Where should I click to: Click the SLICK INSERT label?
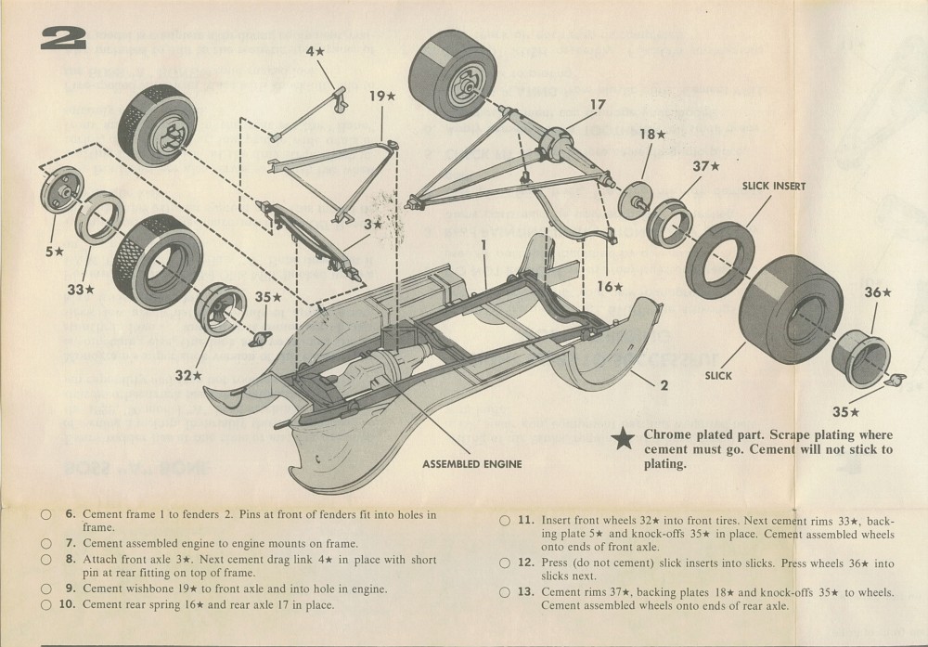[774, 186]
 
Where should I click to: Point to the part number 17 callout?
[598, 105]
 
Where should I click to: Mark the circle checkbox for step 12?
[505, 563]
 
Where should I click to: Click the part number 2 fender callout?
[664, 383]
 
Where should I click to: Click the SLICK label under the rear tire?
[718, 375]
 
